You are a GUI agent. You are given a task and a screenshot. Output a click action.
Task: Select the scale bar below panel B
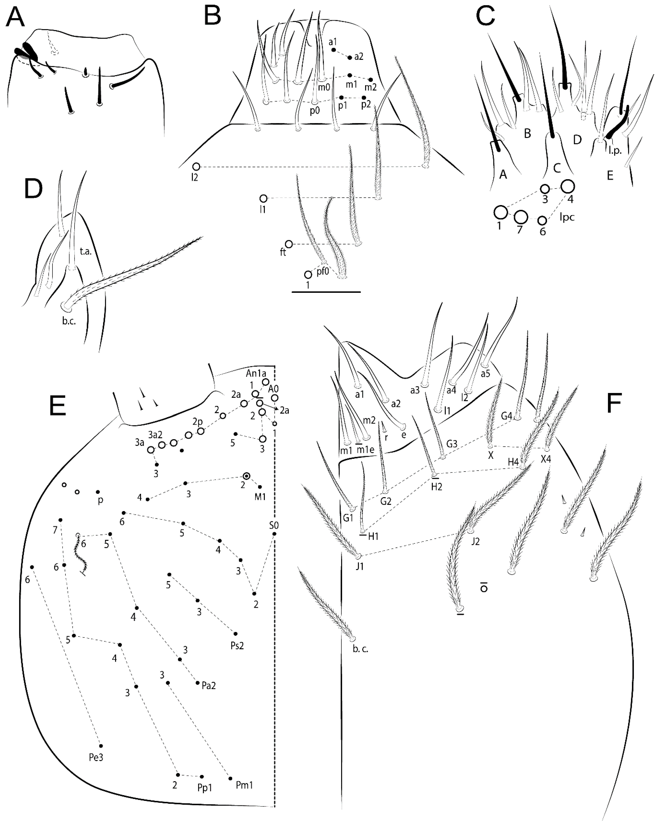tap(326, 292)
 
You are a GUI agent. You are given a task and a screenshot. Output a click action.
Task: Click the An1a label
tap(256, 373)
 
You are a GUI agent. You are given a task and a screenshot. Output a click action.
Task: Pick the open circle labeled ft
tap(289, 244)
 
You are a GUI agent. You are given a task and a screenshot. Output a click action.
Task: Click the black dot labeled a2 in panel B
tap(350, 58)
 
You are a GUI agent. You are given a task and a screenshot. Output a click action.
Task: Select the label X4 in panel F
tap(546, 459)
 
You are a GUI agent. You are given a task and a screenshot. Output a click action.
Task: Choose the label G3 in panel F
tap(452, 444)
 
